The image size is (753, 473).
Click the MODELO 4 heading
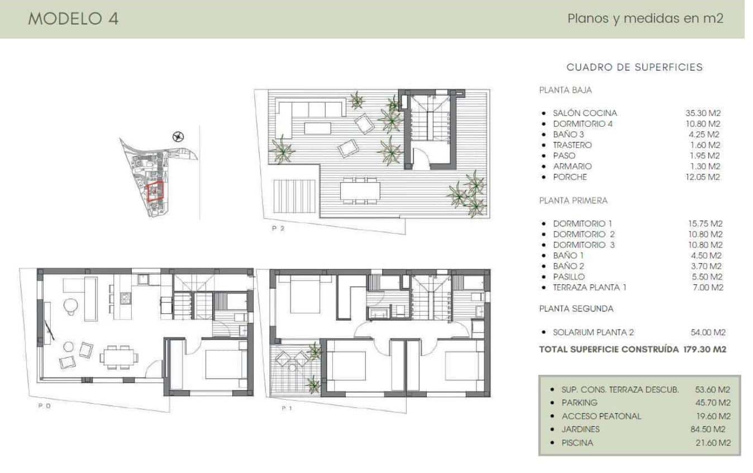point(73,18)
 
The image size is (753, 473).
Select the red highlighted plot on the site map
point(154,191)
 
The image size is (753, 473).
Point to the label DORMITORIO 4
point(583,124)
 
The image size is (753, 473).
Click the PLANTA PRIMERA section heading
point(573,200)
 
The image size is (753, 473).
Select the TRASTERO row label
point(573,145)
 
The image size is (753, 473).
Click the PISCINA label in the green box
point(577,443)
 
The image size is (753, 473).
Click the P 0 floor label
point(44,406)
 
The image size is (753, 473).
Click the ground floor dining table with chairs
point(118,356)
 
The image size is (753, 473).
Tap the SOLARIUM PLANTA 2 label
point(593,332)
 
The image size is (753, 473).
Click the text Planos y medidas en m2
point(645,18)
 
